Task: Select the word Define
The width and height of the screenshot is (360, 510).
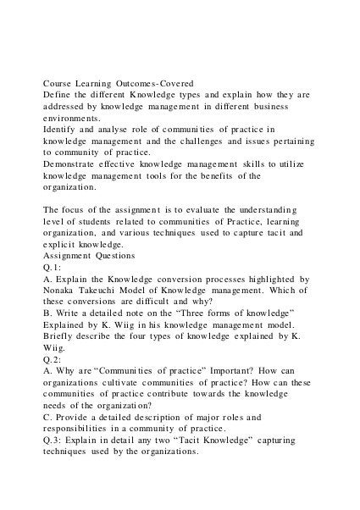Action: [x=58, y=98]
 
